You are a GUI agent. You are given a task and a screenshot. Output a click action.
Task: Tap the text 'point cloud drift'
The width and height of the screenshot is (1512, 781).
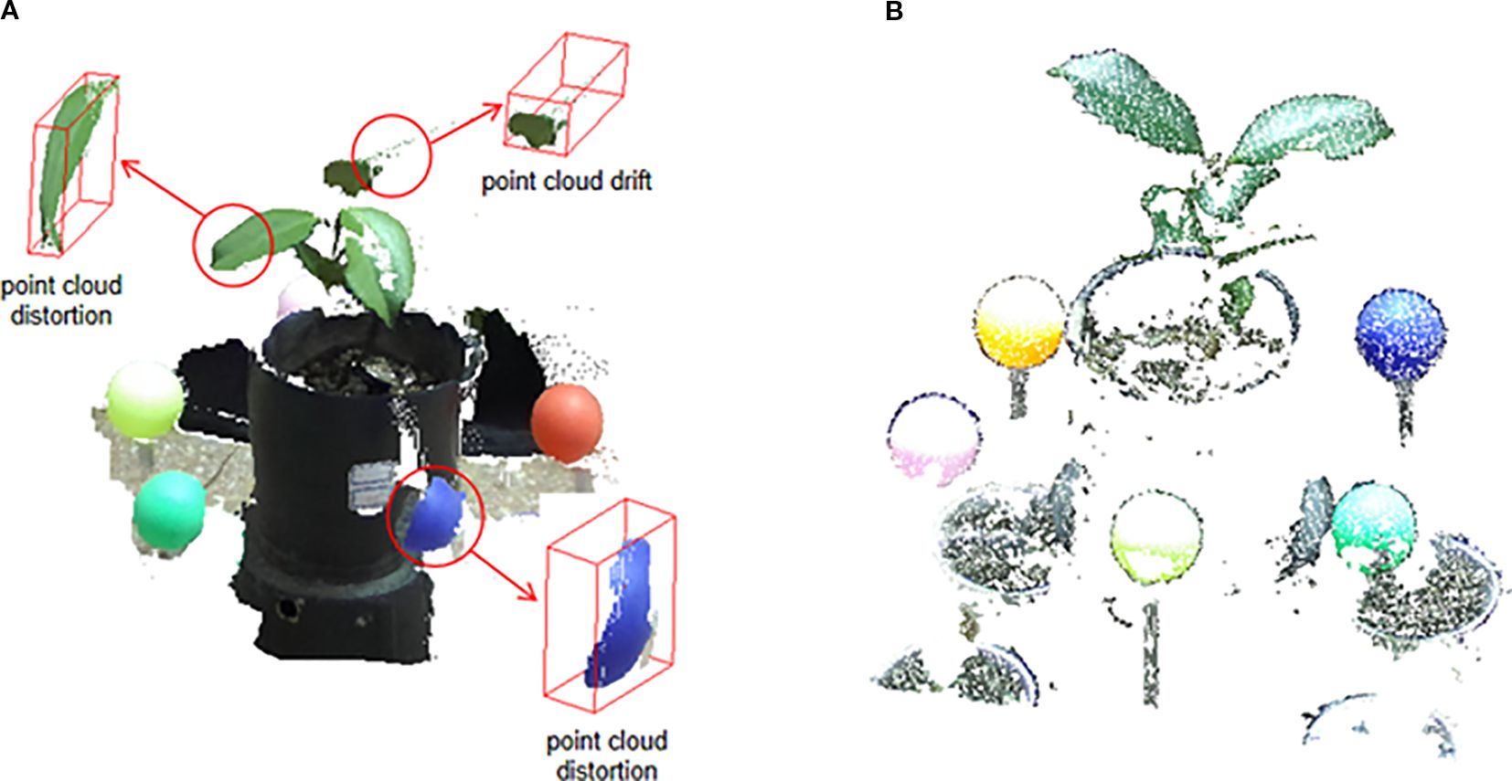(x=567, y=181)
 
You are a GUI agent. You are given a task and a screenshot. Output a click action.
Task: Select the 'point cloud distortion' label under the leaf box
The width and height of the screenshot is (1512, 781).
(x=60, y=300)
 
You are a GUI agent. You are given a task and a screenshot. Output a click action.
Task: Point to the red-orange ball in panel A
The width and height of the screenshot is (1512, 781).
(x=568, y=423)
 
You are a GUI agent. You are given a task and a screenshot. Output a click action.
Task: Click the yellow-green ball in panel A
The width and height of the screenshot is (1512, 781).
(x=144, y=399)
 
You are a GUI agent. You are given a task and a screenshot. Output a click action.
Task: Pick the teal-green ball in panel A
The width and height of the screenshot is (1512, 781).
(x=169, y=512)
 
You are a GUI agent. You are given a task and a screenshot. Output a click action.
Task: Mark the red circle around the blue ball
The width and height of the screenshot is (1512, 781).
(x=435, y=516)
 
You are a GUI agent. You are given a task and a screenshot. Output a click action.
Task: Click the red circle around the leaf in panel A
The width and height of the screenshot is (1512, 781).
(x=233, y=245)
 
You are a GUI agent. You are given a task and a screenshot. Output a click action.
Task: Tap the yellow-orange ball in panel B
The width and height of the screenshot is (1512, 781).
(x=1019, y=322)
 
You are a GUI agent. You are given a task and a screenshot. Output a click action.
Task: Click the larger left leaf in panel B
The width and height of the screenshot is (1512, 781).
(x=1125, y=101)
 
